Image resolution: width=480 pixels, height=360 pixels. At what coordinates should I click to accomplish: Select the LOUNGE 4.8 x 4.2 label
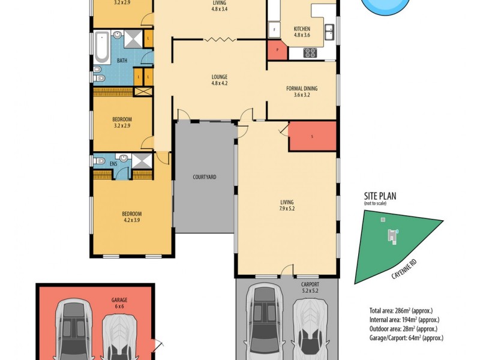218,80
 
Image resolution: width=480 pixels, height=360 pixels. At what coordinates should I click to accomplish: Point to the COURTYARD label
204,177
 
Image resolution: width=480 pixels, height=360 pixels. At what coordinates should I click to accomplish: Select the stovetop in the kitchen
311,53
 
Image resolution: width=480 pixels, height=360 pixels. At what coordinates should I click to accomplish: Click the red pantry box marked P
277,50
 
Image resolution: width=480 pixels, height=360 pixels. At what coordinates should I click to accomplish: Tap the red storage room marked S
311,136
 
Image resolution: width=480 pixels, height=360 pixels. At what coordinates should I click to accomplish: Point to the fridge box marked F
274,29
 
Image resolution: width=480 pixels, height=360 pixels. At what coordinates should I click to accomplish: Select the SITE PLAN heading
380,196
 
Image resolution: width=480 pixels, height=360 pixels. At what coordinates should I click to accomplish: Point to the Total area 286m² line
400,311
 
